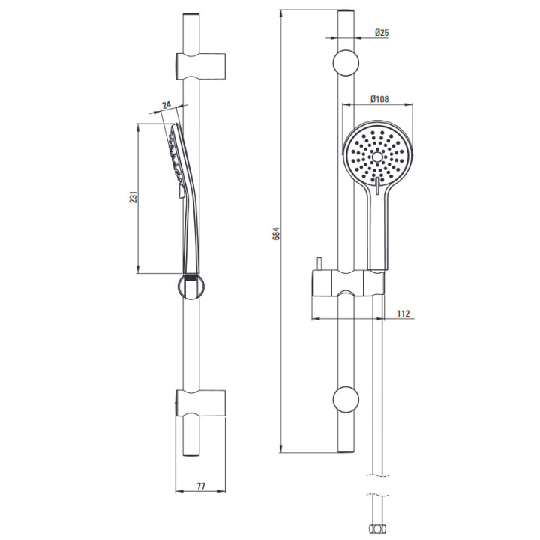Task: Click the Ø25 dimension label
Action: coord(382,33)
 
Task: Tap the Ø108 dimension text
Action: coord(379,99)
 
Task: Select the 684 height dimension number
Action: coord(276,233)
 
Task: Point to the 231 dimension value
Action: coord(133,197)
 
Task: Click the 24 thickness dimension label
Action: coord(166,104)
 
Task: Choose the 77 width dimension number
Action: coord(201,486)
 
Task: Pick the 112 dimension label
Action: coord(403,313)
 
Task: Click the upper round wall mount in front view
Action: coord(346,63)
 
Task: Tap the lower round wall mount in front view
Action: coord(346,399)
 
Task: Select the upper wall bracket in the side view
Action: coord(200,67)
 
